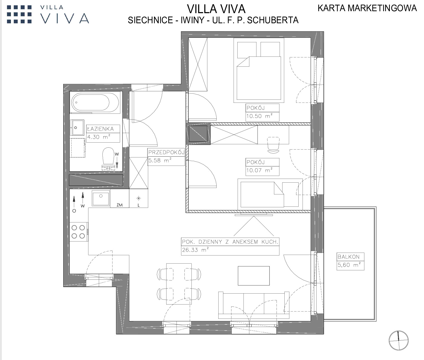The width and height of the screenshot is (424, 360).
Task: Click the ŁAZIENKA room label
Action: pos(100,129)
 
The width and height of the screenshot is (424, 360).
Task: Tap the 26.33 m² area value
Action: pos(195,250)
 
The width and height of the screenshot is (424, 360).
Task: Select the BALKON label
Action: pos(348,257)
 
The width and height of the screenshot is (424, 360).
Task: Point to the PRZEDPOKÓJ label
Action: pos(166,152)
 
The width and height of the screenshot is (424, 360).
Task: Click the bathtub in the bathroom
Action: pos(95,103)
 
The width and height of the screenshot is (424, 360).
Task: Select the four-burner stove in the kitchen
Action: pos(79,232)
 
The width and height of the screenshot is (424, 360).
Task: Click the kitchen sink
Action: pos(100,198)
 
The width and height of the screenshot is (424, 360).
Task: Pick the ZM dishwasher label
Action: pos(120,205)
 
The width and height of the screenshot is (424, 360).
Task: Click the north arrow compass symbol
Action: pos(398,340)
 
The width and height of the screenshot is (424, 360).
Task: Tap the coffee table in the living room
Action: pos(254,276)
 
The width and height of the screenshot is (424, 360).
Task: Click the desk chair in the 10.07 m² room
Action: pos(273,145)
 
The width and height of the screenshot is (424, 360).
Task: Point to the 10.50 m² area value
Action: pos(259,116)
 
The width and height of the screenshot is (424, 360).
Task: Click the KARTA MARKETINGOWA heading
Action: pos(367,8)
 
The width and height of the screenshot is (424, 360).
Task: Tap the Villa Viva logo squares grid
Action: pos(19,14)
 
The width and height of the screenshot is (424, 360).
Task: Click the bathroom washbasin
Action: pos(77,127)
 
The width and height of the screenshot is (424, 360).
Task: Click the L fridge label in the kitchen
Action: pos(139,205)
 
